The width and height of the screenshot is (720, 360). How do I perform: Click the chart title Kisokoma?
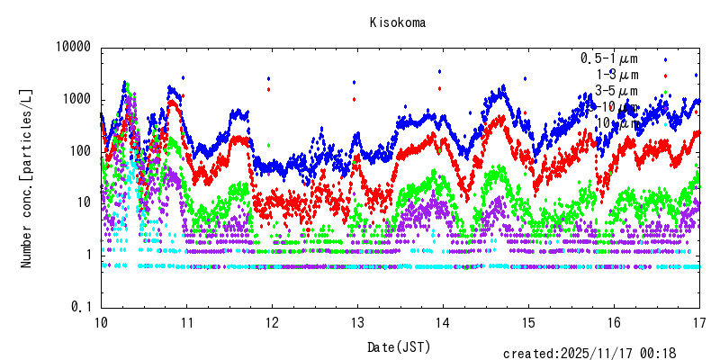click(397, 22)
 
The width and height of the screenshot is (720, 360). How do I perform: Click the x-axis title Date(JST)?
click(397, 346)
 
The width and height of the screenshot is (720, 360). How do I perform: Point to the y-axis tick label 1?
click(88, 256)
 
